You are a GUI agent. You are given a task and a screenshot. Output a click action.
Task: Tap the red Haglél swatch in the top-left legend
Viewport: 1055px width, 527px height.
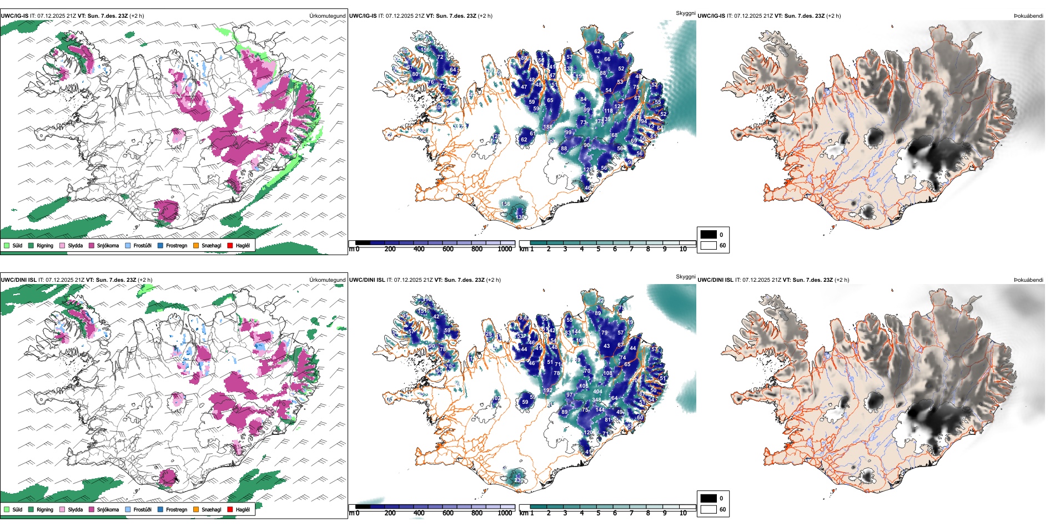click(x=230, y=245)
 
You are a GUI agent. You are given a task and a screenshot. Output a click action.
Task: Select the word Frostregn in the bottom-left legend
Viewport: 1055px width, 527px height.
click(x=177, y=509)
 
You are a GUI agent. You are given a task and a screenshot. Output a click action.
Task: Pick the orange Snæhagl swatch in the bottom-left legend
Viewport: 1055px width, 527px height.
click(x=196, y=509)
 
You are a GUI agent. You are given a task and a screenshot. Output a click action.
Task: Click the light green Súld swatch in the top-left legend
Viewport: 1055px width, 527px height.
click(x=7, y=245)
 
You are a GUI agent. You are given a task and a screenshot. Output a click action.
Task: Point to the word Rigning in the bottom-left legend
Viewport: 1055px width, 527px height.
click(x=45, y=509)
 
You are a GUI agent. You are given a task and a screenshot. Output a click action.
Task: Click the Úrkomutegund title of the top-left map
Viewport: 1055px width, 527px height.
click(x=327, y=16)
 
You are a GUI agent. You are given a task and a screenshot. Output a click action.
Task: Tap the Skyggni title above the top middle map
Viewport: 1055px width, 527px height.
click(x=685, y=13)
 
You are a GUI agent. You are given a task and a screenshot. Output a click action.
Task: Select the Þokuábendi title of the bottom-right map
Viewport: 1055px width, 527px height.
click(x=1028, y=280)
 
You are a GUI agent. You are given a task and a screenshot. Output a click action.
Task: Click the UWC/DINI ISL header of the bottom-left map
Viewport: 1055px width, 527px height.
click(x=18, y=280)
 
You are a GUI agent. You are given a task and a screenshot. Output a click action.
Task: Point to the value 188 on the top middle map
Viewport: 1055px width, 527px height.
click(x=547, y=127)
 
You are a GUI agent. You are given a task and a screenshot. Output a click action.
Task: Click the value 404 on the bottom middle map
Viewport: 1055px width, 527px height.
click(x=597, y=392)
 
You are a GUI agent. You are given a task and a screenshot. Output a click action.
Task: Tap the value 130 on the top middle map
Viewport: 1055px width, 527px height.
click(x=520, y=217)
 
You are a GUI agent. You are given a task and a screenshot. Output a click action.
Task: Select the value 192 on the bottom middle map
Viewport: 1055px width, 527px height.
click(x=547, y=391)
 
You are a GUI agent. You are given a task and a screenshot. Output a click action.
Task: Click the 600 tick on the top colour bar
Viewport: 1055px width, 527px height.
click(x=448, y=249)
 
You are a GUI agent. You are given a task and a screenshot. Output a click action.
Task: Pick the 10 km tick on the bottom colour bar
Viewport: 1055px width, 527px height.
click(x=683, y=513)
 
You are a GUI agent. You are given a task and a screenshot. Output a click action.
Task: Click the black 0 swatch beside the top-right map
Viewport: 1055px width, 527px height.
click(x=709, y=235)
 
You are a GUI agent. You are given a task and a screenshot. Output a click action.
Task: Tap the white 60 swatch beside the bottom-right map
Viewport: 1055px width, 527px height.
click(x=709, y=509)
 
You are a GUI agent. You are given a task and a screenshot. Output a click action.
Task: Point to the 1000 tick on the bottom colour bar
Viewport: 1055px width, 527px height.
click(x=505, y=513)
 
